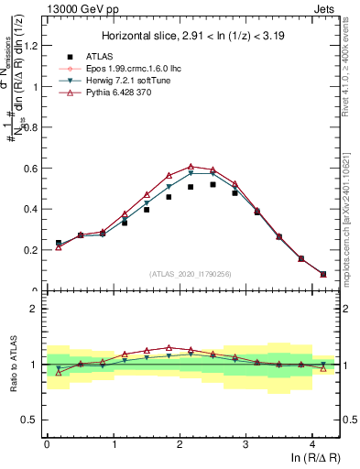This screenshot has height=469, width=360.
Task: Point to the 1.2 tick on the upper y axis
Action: tap(34, 47)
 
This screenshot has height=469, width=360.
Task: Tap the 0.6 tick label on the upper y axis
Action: tap(34, 169)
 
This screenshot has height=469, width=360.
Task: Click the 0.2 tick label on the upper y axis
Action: tap(34, 249)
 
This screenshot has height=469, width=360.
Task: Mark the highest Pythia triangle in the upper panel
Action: tap(191, 167)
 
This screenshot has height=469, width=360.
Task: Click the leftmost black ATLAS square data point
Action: tap(59, 243)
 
